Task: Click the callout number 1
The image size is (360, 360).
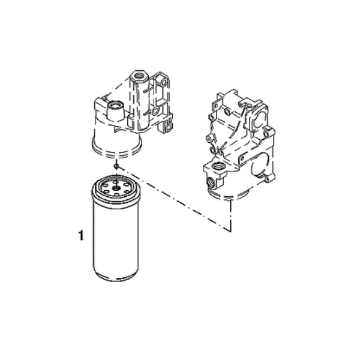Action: [81, 236]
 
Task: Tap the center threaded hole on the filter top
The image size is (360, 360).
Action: [116, 188]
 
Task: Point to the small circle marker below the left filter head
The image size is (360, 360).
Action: [117, 166]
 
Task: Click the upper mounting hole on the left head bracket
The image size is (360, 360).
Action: [164, 82]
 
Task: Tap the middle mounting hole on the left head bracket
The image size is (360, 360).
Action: [155, 111]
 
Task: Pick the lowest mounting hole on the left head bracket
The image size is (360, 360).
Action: [169, 127]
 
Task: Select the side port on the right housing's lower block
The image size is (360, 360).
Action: [210, 181]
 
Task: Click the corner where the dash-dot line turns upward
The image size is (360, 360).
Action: [230, 230]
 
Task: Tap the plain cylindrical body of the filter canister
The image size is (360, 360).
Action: [116, 236]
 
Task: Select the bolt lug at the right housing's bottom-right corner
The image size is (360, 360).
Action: [268, 179]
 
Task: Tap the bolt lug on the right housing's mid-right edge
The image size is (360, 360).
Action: [268, 134]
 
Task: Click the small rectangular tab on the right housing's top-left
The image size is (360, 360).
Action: [215, 105]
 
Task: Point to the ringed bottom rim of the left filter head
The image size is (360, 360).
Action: [116, 149]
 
